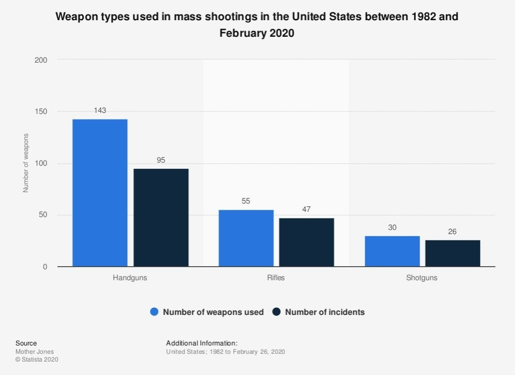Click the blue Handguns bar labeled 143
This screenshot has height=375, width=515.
[100, 193]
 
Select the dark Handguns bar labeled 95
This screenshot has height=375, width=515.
[161, 218]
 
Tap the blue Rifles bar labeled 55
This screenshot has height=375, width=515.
[246, 238]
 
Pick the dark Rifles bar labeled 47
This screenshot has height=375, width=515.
[307, 242]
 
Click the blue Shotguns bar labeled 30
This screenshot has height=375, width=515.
[392, 251]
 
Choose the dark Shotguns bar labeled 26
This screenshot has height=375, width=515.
[452, 253]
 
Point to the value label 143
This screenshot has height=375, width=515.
[100, 110]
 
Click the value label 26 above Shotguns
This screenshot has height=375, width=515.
[452, 232]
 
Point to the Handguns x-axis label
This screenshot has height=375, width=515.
[130, 278]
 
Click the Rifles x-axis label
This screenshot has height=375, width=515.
[276, 278]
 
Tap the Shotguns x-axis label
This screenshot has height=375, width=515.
[422, 278]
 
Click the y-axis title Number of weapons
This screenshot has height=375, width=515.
[25, 163]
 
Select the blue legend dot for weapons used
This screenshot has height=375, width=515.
[154, 312]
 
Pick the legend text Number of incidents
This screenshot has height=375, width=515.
[325, 312]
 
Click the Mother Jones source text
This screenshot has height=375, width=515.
[34, 352]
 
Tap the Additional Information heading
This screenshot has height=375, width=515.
[202, 343]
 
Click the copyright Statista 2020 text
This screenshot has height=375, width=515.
[37, 359]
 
